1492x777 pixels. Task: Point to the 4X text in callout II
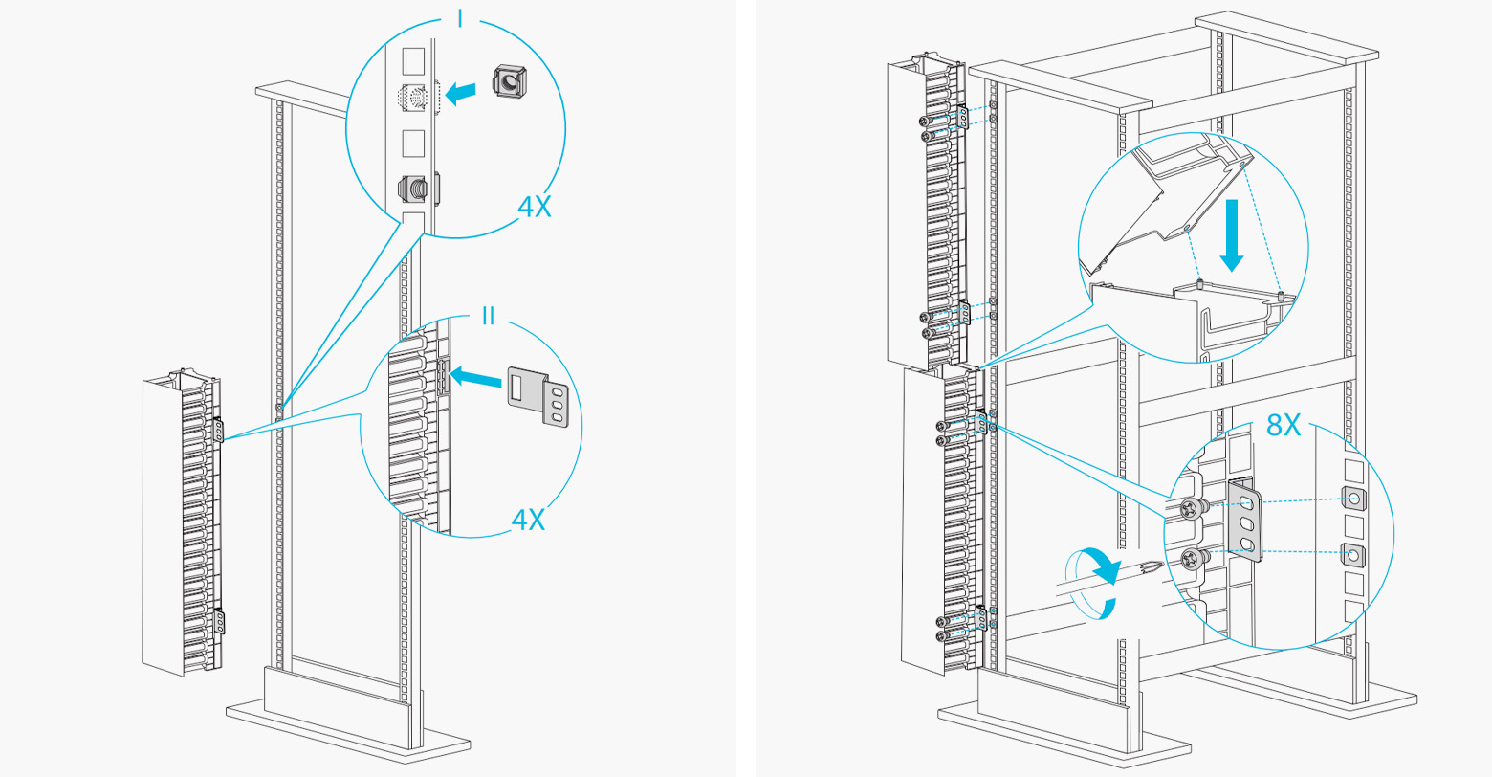click(x=528, y=520)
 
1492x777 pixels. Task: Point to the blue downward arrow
click(x=1232, y=235)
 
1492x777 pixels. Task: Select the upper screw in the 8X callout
click(x=1193, y=509)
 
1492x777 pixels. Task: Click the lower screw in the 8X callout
click(x=1193, y=561)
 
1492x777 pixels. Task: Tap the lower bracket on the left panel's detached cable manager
click(x=220, y=621)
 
